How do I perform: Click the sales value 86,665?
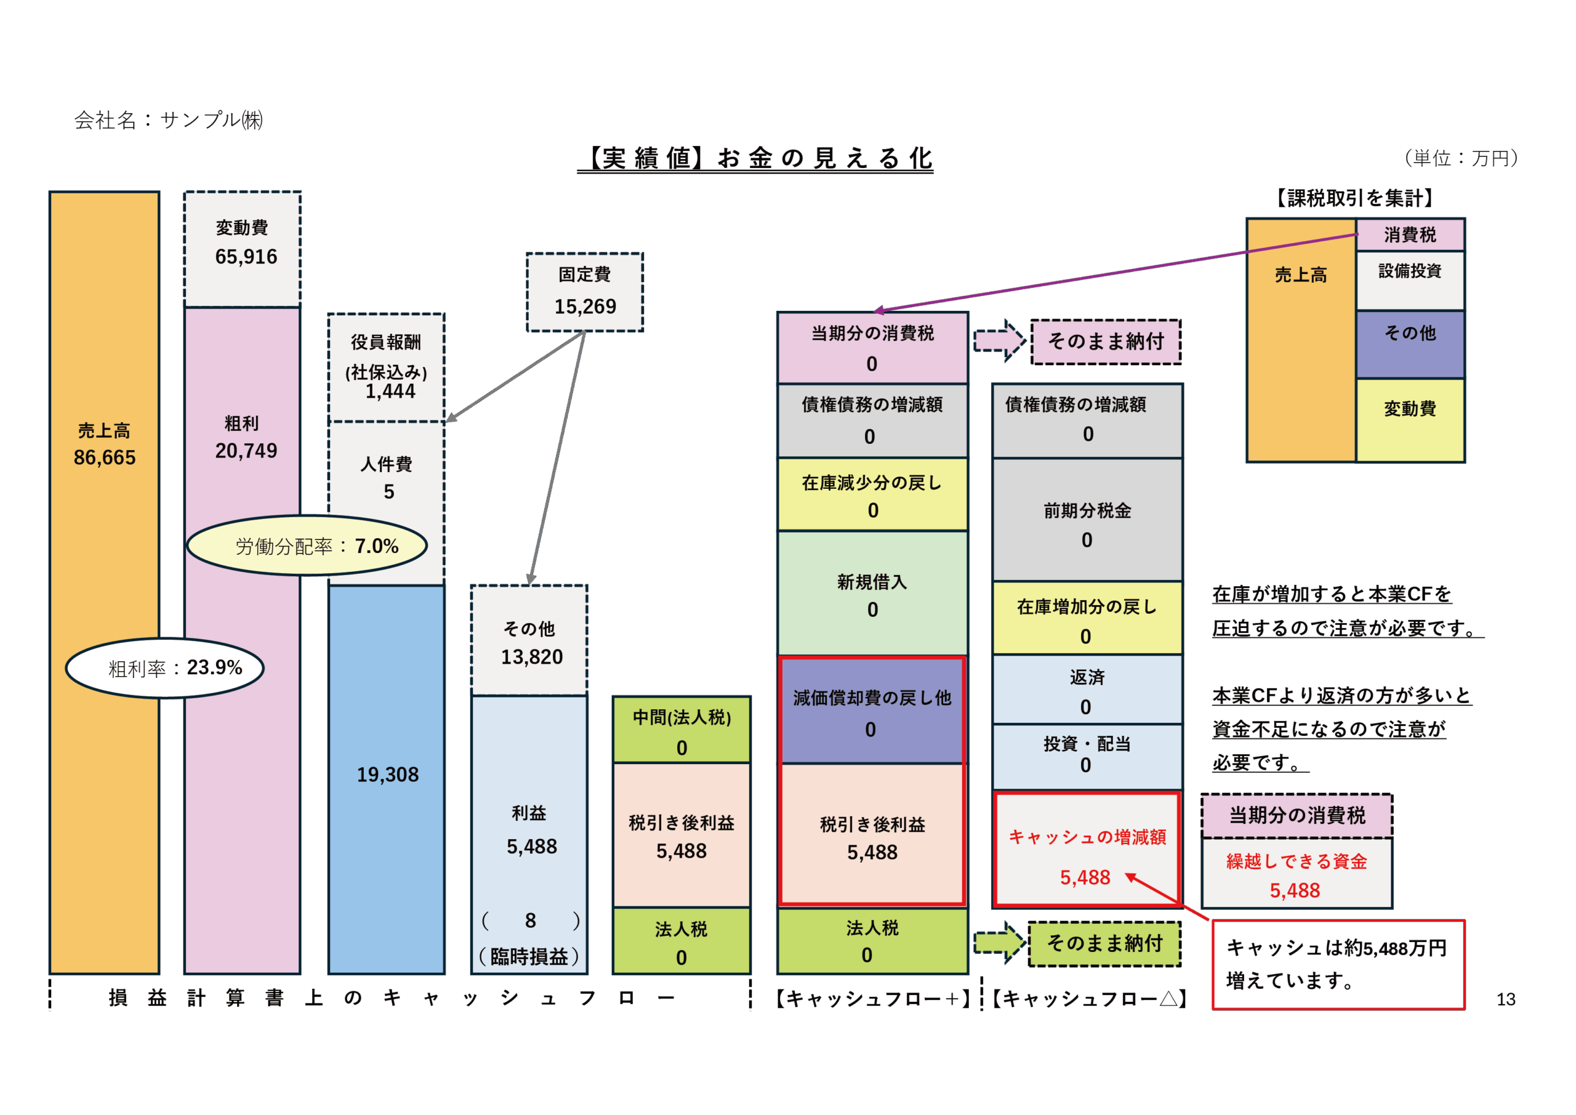(x=104, y=457)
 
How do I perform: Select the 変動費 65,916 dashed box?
(x=243, y=249)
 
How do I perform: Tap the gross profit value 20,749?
(x=246, y=451)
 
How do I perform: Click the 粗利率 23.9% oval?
(x=165, y=668)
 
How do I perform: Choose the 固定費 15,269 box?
(x=585, y=292)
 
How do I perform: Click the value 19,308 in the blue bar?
(x=387, y=775)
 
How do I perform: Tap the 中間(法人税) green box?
(x=681, y=730)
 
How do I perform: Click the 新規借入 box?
(x=872, y=594)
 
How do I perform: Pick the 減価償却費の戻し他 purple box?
(x=872, y=711)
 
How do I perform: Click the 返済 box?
(x=1087, y=690)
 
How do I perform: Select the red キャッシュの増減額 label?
(x=1087, y=837)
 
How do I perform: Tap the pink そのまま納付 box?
(x=1106, y=341)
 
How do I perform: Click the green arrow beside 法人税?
(x=999, y=942)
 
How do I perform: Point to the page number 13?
(x=1505, y=999)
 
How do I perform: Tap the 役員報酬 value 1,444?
(x=390, y=392)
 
